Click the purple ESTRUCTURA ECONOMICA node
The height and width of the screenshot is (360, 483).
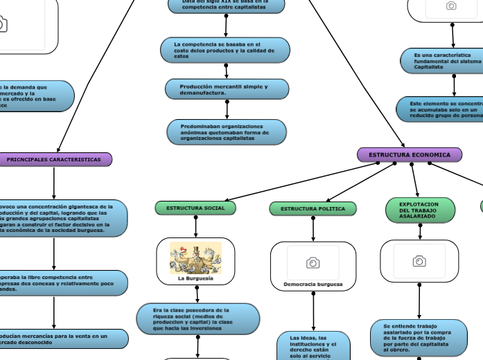pos(409,154)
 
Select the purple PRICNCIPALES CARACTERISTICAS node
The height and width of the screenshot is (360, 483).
pos(54,160)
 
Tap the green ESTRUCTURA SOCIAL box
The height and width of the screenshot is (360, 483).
pos(195,208)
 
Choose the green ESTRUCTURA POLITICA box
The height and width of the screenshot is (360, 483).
pos(313,208)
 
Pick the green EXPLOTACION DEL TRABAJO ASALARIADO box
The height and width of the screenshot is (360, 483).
pos(420,210)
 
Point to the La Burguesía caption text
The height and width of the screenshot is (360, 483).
pos(195,278)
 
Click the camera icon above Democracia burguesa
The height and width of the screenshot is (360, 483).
pos(313,262)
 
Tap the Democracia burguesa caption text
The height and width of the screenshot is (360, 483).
pos(313,285)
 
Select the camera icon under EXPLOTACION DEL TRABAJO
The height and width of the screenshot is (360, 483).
pos(419,261)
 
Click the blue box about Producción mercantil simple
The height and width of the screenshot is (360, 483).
pos(227,89)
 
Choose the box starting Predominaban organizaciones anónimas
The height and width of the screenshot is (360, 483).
pos(227,132)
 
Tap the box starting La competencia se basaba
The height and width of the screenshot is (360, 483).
pos(227,50)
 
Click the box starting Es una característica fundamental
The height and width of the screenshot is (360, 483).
pos(441,61)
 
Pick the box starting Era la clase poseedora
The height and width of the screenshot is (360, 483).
pos(197,318)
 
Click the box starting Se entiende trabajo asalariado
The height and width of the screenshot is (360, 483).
pos(424,337)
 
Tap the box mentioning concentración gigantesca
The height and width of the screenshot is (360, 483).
pos(62,218)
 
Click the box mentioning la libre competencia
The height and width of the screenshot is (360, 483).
pos(62,282)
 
